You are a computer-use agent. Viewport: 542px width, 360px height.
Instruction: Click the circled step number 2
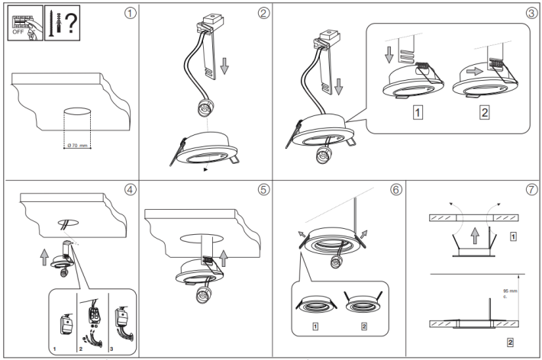(x=264, y=13)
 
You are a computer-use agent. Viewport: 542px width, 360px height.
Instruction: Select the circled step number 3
(x=531, y=13)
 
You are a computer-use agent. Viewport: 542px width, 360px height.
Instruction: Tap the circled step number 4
(x=131, y=189)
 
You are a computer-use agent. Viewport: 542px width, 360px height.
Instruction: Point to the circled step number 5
(x=264, y=189)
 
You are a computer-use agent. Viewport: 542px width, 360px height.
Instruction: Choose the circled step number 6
(x=395, y=189)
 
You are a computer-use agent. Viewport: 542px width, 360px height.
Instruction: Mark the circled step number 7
(x=531, y=189)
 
